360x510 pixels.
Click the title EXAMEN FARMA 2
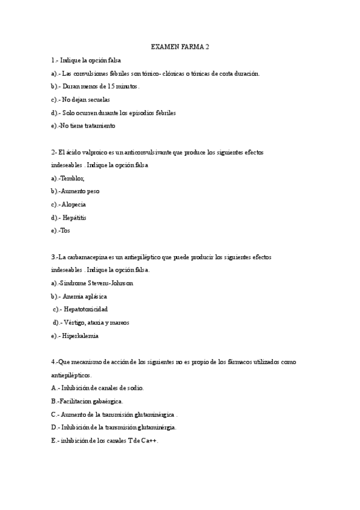[x=180, y=46]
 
